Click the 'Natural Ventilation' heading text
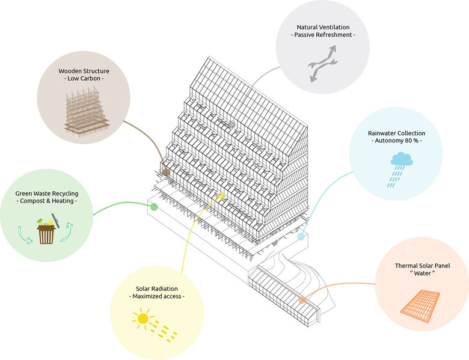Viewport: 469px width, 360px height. coord(323,28)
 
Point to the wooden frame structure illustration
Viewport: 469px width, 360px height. coord(85,112)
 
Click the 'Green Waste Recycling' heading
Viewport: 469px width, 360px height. coord(47,194)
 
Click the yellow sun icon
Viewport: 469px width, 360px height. coord(143,319)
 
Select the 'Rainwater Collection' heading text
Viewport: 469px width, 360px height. coord(396,133)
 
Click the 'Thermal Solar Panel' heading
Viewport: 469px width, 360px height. coord(422,266)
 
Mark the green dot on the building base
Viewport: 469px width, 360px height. coord(154,207)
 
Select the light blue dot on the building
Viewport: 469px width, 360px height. coord(301,236)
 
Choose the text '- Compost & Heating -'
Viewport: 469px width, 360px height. coord(47,201)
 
